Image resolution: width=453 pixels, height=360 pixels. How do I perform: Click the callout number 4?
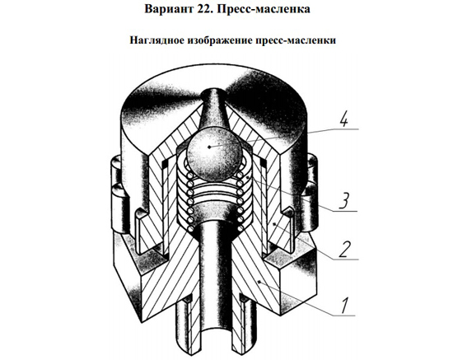click(x=343, y=119)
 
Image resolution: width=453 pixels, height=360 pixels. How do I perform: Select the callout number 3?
click(x=343, y=200)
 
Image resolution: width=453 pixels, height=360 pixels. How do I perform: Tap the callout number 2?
click(x=344, y=250)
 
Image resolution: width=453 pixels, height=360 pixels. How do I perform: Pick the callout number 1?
click(x=344, y=306)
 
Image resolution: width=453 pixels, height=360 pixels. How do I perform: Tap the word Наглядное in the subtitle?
click(x=156, y=40)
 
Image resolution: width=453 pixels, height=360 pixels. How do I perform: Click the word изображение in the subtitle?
click(x=220, y=40)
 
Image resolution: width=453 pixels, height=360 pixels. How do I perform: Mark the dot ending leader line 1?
click(x=259, y=281)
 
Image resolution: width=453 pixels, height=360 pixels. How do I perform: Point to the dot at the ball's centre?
click(x=209, y=147)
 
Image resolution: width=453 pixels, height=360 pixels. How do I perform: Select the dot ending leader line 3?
click(x=248, y=177)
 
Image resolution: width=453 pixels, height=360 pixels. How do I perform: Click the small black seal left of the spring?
click(x=165, y=164)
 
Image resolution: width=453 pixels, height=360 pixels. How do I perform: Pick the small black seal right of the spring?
click(x=264, y=164)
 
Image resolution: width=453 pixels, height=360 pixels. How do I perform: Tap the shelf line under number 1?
click(x=343, y=316)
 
